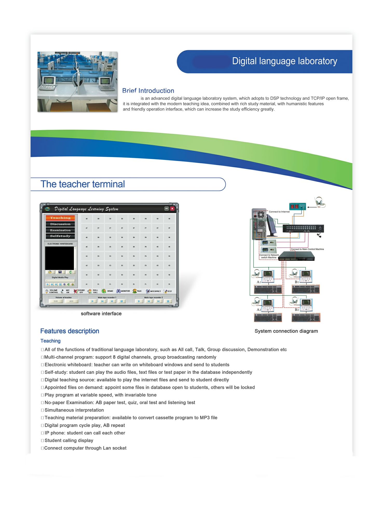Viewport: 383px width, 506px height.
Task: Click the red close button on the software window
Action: pos(172,208)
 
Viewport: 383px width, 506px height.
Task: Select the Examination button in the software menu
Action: pos(60,230)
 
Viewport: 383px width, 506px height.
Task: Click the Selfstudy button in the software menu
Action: pos(60,236)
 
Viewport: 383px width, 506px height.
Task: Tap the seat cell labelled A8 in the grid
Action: pos(87,219)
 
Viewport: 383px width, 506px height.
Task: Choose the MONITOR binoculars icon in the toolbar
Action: pos(118,291)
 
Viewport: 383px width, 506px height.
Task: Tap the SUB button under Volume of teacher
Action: pos(56,301)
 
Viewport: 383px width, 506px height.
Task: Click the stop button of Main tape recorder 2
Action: pos(168,301)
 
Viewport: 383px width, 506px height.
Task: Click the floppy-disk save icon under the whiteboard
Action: pos(60,272)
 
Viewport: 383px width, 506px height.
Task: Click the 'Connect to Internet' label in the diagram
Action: pos(279,212)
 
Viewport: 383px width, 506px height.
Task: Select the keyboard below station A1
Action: pos(268,289)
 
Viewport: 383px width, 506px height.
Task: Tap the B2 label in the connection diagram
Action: pos(297,309)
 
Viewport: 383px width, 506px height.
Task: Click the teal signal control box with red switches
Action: pos(298,206)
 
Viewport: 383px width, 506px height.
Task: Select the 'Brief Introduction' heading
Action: pos(148,91)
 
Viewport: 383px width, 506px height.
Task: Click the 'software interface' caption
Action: pos(101,314)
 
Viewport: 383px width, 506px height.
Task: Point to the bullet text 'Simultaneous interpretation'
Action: pos(74,410)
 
